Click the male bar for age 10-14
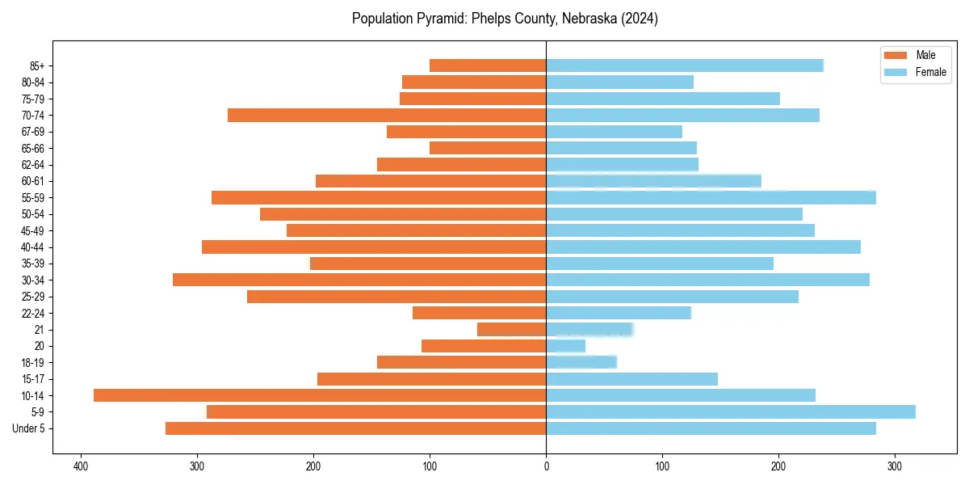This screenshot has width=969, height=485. click(x=320, y=395)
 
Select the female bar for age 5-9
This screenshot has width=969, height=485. click(x=731, y=412)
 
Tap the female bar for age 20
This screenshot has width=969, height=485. click(x=565, y=346)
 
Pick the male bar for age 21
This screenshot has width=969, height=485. click(x=511, y=330)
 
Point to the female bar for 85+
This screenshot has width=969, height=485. click(x=685, y=65)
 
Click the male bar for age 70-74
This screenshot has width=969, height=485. click(x=387, y=116)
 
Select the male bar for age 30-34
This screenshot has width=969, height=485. click(x=359, y=280)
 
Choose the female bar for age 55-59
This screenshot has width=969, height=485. click(x=711, y=198)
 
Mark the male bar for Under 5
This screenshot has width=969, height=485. click(x=356, y=428)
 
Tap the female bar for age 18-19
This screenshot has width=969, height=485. click(x=581, y=362)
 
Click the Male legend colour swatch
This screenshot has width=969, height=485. click(x=896, y=55)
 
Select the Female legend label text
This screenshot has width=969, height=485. click(x=930, y=72)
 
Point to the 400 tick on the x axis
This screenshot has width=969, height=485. click(x=80, y=466)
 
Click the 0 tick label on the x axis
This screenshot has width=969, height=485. click(x=546, y=466)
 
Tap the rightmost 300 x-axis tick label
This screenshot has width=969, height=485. click(x=895, y=466)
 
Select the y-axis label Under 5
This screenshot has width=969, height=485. click(x=29, y=428)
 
